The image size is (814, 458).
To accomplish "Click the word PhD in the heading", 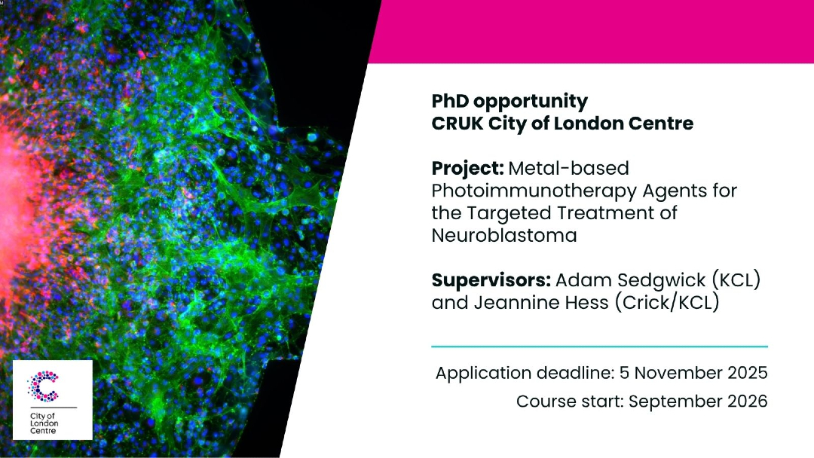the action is tap(450, 101).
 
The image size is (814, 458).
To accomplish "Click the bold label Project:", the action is tap(468, 169).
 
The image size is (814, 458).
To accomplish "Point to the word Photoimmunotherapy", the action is tap(534, 191).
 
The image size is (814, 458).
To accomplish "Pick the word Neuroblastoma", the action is tap(504, 236).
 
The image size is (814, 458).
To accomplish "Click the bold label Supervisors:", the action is tap(491, 281).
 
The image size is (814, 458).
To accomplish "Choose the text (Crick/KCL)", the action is tap(667, 302).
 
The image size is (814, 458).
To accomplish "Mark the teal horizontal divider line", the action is tap(600, 347).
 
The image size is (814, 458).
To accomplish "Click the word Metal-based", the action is tap(568, 169).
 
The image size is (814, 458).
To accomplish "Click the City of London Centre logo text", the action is tap(44, 423).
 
